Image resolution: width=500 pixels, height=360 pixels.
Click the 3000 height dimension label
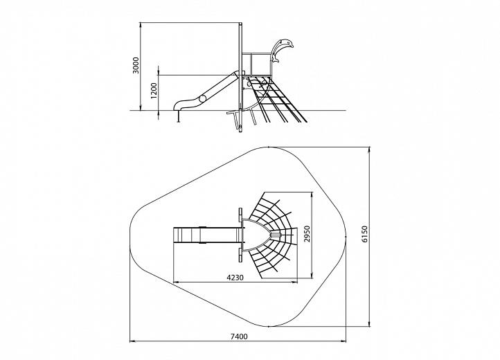click(136, 66)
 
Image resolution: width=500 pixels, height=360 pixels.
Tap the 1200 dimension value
click(154, 91)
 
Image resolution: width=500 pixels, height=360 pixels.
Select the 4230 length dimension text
click(235, 278)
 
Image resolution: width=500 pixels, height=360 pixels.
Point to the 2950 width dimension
click(307, 235)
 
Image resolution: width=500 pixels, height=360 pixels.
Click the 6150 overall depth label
click(365, 235)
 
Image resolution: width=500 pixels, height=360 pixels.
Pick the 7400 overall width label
click(239, 336)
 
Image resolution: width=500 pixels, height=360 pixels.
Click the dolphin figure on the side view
click(280, 49)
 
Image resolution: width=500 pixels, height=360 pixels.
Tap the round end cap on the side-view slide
click(202, 98)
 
